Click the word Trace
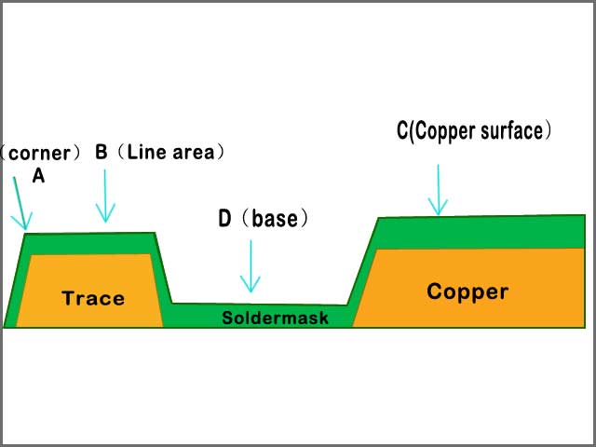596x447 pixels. coord(93,299)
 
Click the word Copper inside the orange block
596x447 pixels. coord(467,291)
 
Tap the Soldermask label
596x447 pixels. coord(276,318)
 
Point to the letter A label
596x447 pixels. coord(38,176)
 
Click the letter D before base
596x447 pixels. coord(224,220)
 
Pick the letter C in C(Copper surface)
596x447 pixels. coord(402,131)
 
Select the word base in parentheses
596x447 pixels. coord(274,220)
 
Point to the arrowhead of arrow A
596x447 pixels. coord(24,227)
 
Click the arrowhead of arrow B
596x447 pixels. coord(105,220)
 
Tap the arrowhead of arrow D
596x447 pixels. coord(250,289)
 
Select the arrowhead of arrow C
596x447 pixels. coord(437,212)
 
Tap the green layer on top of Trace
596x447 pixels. coord(88,243)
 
